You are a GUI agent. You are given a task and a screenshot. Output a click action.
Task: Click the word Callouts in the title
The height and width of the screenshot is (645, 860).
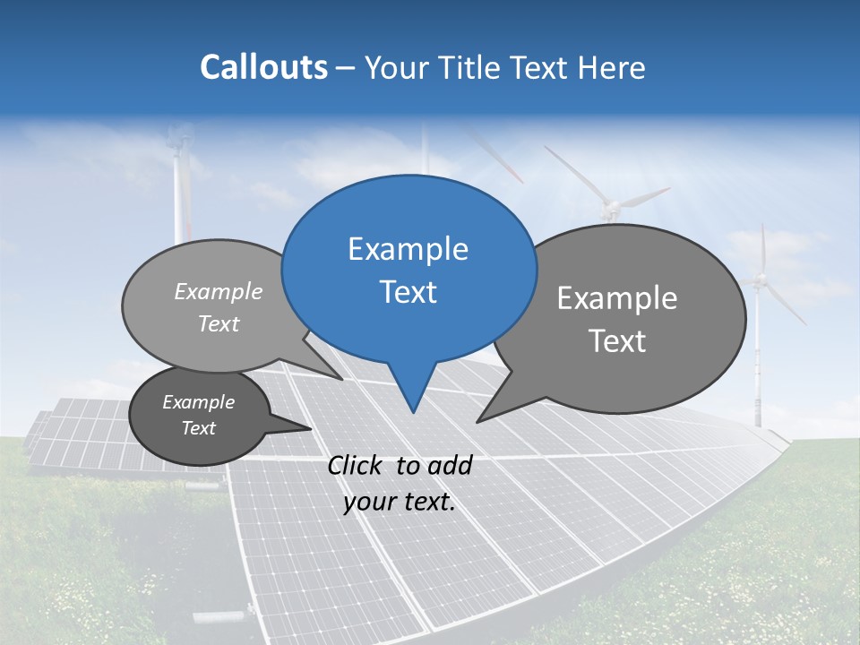(263, 67)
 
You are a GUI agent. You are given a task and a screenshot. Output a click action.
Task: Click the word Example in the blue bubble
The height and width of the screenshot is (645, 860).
(408, 249)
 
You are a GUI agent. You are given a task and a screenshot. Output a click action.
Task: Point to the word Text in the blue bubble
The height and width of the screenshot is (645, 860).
(408, 292)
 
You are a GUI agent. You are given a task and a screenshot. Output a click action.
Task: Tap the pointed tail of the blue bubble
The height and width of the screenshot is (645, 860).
(412, 410)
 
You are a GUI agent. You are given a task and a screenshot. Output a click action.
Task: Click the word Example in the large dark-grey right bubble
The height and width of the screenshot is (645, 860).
(616, 298)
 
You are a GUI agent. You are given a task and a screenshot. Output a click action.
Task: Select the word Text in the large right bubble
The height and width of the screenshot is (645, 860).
(616, 341)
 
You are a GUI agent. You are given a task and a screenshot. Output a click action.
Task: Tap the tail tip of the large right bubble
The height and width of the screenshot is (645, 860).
(478, 420)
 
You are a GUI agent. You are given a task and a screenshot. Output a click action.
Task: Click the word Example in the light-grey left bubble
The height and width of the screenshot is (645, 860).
(219, 291)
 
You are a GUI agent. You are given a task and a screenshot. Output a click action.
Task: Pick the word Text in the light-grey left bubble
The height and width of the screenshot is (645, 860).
(219, 324)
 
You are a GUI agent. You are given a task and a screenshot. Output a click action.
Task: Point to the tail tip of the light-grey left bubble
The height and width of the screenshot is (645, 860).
(341, 379)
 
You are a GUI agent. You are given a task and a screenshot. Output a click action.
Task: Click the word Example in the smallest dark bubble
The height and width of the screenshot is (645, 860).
(198, 402)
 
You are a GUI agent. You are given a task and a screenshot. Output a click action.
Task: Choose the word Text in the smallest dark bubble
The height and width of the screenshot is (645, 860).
(198, 428)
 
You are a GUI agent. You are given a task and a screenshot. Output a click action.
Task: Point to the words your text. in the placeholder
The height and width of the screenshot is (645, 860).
(399, 503)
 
